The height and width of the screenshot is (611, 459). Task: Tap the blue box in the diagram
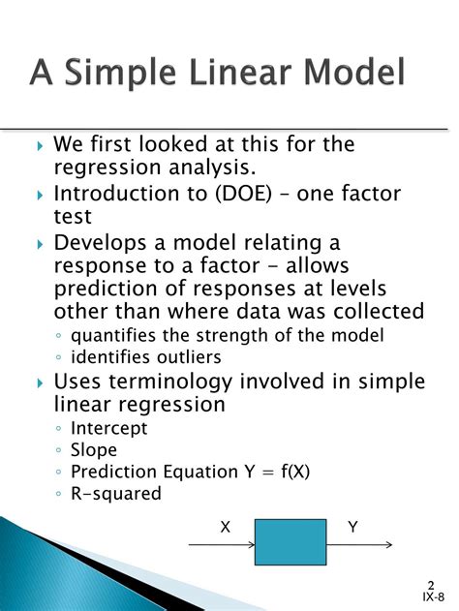tap(290, 541)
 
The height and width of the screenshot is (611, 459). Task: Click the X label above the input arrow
tap(225, 527)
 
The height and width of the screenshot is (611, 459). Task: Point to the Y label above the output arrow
tap(352, 527)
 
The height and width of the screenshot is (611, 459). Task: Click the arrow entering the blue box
tap(221, 544)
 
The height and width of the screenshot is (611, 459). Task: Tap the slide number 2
tap(429, 586)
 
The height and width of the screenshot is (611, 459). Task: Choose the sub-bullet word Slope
tap(94, 449)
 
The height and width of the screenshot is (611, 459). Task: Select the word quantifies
tap(110, 335)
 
